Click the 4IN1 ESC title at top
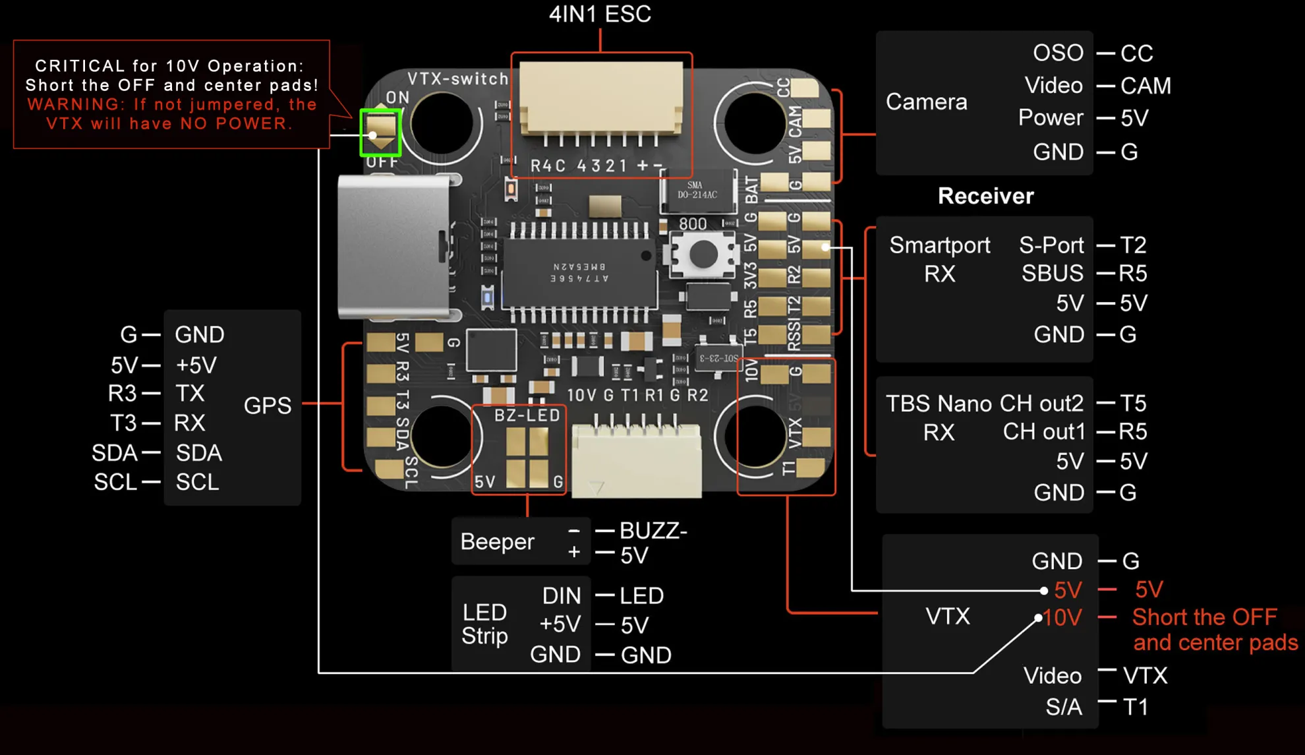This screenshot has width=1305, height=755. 600,15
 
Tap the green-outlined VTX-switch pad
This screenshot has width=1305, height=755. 380,132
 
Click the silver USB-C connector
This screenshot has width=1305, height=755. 395,247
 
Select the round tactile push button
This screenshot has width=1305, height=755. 703,255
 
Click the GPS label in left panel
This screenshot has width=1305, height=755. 267,405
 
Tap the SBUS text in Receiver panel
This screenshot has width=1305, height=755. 1052,273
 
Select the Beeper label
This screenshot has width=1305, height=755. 497,541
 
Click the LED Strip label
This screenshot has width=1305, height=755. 485,624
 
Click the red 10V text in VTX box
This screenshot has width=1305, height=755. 1062,618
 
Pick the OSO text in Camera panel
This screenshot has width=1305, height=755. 1058,53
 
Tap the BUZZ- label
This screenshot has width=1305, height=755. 653,531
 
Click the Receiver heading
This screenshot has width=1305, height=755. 985,196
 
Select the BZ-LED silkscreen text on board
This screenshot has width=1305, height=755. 527,415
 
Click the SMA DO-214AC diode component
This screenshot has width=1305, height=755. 698,191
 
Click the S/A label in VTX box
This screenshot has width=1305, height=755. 1063,707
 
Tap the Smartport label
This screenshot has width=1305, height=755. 939,245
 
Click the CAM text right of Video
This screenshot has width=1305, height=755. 1145,86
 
